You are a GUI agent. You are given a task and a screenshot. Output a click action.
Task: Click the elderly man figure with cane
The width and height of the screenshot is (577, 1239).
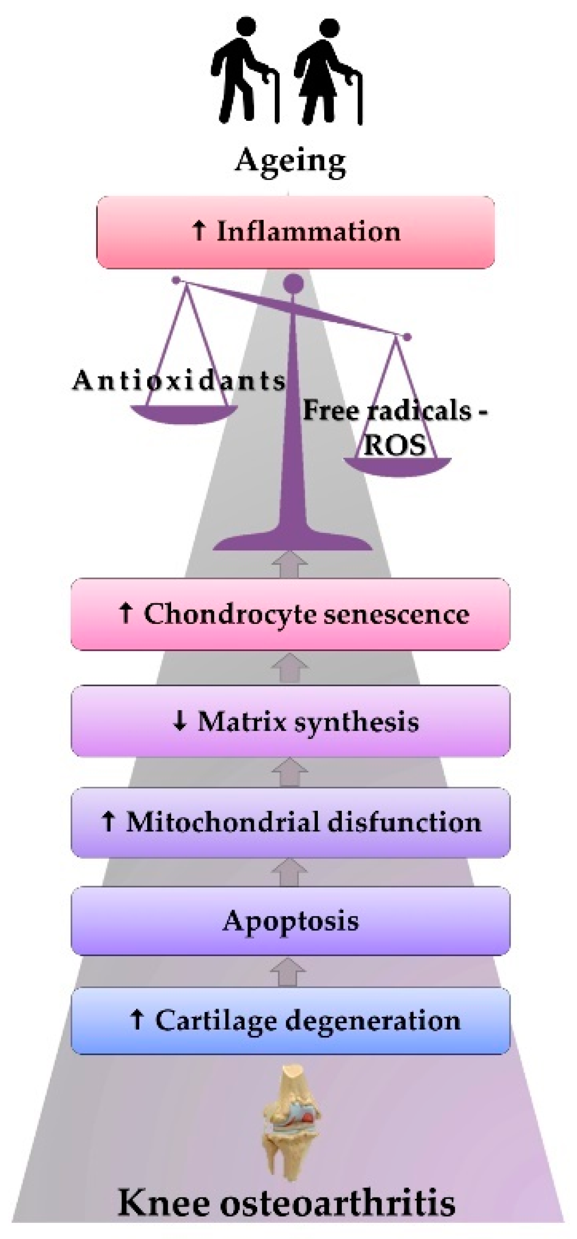click(244, 73)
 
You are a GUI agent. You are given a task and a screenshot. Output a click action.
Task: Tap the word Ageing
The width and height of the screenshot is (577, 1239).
click(290, 161)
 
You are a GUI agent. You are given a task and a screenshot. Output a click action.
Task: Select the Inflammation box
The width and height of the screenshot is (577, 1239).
click(295, 232)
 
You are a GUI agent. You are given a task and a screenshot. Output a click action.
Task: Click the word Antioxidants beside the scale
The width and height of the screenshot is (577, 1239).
click(179, 381)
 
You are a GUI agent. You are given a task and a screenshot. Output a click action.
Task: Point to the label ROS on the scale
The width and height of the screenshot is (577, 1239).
click(394, 445)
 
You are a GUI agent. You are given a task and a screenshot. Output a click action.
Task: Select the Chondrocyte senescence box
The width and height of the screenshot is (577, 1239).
click(290, 614)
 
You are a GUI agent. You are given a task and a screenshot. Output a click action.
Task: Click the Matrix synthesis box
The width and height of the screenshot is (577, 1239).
click(290, 721)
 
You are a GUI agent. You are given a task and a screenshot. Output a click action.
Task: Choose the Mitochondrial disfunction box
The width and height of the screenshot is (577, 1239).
click(290, 822)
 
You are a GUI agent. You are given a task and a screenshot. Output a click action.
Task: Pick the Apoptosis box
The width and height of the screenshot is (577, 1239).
click(290, 921)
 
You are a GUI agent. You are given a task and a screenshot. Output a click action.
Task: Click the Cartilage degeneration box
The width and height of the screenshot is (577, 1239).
click(290, 1020)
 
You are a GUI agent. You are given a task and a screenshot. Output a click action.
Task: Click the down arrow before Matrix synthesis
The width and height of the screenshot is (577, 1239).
click(180, 721)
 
